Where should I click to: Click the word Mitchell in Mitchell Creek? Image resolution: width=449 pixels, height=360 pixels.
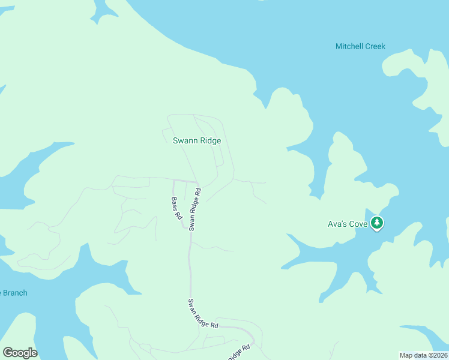[x=349, y=47]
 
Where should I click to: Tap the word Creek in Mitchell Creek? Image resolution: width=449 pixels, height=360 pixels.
[x=375, y=47]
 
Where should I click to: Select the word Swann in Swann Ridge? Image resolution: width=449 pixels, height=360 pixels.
[x=184, y=141]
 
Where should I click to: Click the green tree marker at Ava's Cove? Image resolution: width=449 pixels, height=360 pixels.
[x=377, y=224]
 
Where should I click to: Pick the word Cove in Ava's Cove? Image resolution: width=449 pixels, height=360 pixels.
[x=358, y=224]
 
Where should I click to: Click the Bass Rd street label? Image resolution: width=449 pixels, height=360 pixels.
[x=176, y=209]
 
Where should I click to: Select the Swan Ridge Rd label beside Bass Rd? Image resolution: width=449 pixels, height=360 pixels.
[x=194, y=210]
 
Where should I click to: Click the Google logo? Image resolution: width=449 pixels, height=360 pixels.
[x=20, y=353]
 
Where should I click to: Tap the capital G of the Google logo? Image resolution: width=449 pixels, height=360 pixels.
[x=8, y=353]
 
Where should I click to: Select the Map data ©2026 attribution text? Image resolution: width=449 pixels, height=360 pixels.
[x=423, y=355]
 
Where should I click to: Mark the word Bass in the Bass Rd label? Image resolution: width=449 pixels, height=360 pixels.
[x=174, y=204]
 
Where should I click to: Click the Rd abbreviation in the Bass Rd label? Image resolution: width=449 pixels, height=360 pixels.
[x=179, y=216]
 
